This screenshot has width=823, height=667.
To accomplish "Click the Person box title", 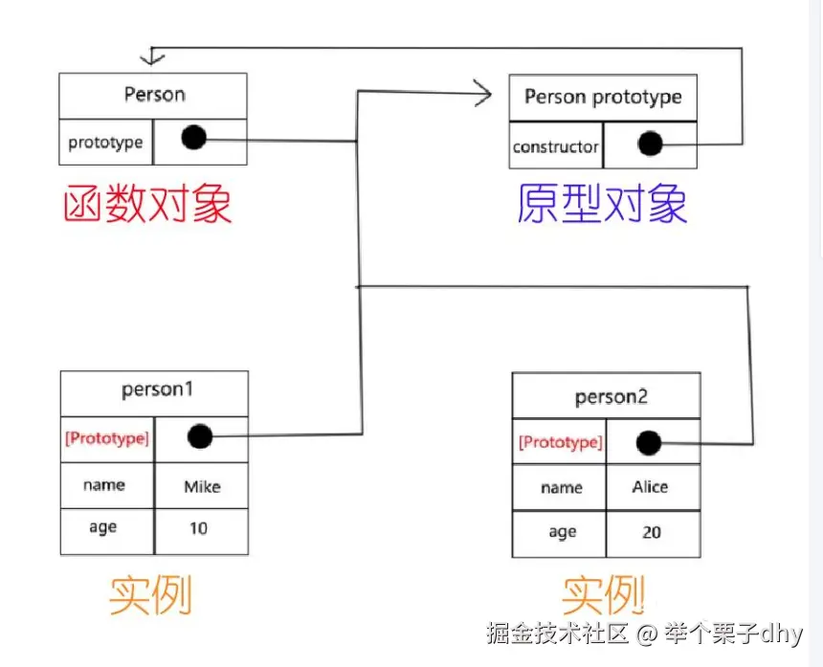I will pyautogui.click(x=154, y=95).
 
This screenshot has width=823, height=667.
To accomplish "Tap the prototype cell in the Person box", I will pyautogui.click(x=105, y=143).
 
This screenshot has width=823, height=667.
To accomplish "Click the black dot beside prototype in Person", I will pyautogui.click(x=193, y=139).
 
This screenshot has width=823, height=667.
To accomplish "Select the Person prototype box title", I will pyautogui.click(x=603, y=98).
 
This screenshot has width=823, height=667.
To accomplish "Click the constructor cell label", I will pyautogui.click(x=555, y=147).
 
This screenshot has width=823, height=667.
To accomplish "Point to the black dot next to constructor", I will pyautogui.click(x=651, y=145).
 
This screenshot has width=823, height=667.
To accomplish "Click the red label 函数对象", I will pyautogui.click(x=147, y=204).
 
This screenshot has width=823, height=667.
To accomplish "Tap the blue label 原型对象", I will pyautogui.click(x=602, y=204).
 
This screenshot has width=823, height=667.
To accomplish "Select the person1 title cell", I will pyautogui.click(x=154, y=391).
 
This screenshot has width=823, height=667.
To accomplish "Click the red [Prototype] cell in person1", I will pyautogui.click(x=106, y=439).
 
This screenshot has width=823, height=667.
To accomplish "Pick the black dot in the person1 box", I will pyautogui.click(x=199, y=437).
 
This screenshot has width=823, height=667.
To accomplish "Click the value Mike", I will pyautogui.click(x=202, y=487).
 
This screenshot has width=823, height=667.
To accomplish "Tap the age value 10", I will pyautogui.click(x=198, y=528).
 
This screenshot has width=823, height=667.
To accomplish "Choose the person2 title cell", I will pyautogui.click(x=611, y=397).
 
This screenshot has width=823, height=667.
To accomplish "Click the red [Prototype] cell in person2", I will pyautogui.click(x=560, y=443).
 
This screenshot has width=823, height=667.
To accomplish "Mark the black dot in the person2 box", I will pyautogui.click(x=649, y=443).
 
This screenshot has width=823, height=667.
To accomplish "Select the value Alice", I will pyautogui.click(x=650, y=487).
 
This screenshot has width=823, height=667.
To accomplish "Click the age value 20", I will pyautogui.click(x=652, y=532).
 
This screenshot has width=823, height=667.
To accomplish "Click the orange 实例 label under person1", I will pyautogui.click(x=150, y=595).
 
